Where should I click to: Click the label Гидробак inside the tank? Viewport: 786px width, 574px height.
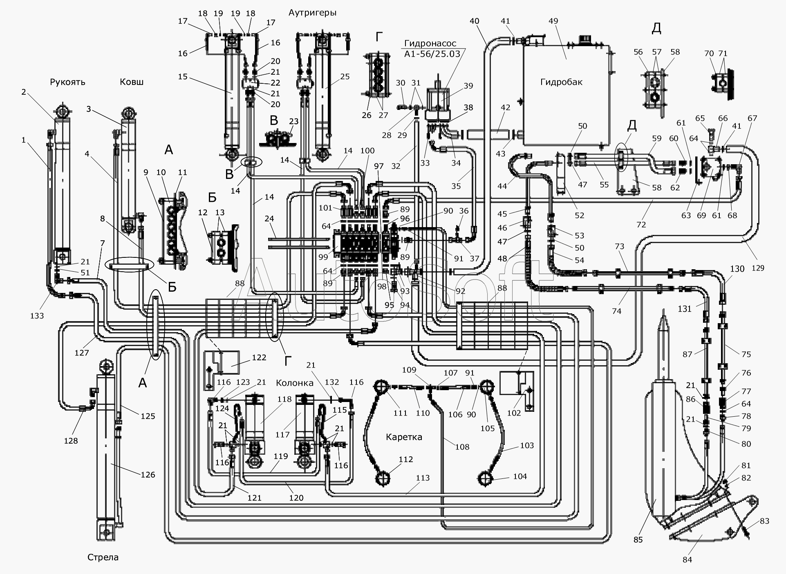(x=561, y=82)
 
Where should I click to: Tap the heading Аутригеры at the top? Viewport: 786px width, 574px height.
(x=312, y=13)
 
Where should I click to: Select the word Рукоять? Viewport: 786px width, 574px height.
(x=67, y=82)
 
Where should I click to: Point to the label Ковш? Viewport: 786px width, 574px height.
(x=132, y=82)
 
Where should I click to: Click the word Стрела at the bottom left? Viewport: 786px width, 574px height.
(x=103, y=557)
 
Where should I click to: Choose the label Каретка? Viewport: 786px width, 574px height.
(x=404, y=437)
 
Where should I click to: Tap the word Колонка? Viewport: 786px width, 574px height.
(x=295, y=383)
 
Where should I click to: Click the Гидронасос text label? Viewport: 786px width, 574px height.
(x=430, y=44)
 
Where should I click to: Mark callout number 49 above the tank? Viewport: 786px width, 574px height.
(x=553, y=21)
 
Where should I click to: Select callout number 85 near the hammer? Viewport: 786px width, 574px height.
(x=638, y=540)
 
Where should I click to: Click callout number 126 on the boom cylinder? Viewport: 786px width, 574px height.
(x=148, y=475)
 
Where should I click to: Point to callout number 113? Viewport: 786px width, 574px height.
(x=423, y=478)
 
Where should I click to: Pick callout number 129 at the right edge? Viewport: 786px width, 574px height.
(x=760, y=268)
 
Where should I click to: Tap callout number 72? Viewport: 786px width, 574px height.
(x=641, y=225)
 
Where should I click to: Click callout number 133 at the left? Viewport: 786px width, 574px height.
(x=37, y=315)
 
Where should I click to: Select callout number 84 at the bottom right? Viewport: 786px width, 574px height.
(x=687, y=559)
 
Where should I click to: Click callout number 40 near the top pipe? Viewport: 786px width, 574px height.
(x=474, y=21)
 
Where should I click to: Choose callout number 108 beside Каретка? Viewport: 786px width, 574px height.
(x=462, y=447)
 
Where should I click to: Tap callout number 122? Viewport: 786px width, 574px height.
(x=259, y=357)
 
